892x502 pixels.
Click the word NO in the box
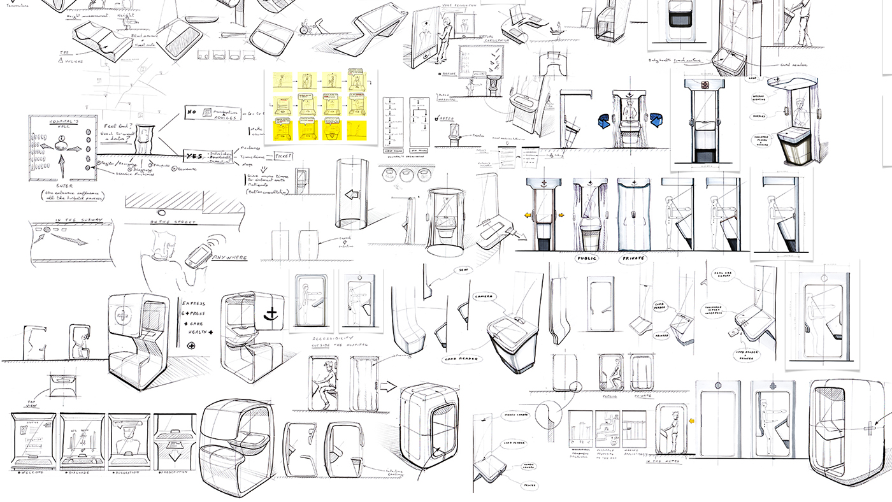tap(192, 113)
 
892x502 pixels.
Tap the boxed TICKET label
tap(283, 155)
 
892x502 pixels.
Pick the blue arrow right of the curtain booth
tap(656, 119)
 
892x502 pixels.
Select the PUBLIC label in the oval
tap(589, 259)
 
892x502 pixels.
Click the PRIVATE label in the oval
tap(633, 259)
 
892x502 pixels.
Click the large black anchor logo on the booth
tap(272, 315)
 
